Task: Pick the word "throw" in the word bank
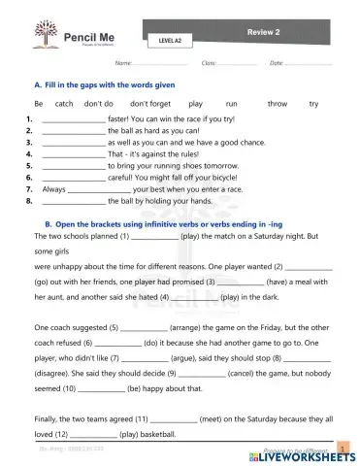[278, 103]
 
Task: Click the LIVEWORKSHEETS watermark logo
[300, 455]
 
